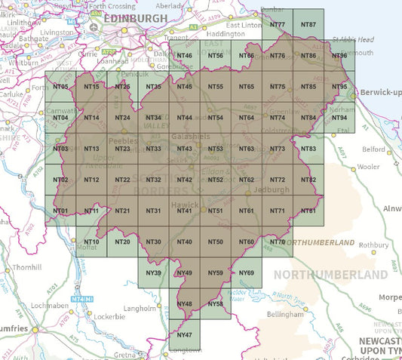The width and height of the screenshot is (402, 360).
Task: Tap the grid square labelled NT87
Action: [308, 25]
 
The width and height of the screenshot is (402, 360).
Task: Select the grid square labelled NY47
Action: [184, 334]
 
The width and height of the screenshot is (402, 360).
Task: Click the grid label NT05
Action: [61, 88]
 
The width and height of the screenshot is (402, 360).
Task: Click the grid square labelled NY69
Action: [246, 272]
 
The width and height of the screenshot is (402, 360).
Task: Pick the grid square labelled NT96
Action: [339, 57]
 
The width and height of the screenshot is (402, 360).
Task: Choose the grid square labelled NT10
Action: [91, 242]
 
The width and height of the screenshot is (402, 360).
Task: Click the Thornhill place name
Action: [26, 268]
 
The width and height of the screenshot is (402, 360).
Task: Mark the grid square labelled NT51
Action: [215, 211]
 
